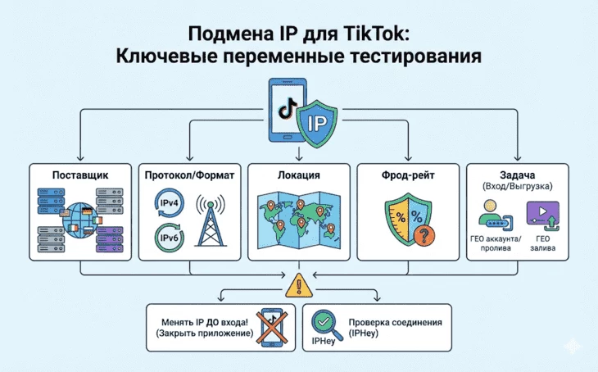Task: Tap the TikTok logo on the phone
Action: tap(285, 106)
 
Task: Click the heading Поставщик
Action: tap(79, 175)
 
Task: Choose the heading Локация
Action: tap(298, 175)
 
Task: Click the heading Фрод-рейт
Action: tap(408, 175)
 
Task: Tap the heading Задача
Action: tap(518, 173)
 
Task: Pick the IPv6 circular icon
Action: tap(170, 238)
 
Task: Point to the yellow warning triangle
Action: tap(298, 285)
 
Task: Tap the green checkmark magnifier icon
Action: tap(325, 321)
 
